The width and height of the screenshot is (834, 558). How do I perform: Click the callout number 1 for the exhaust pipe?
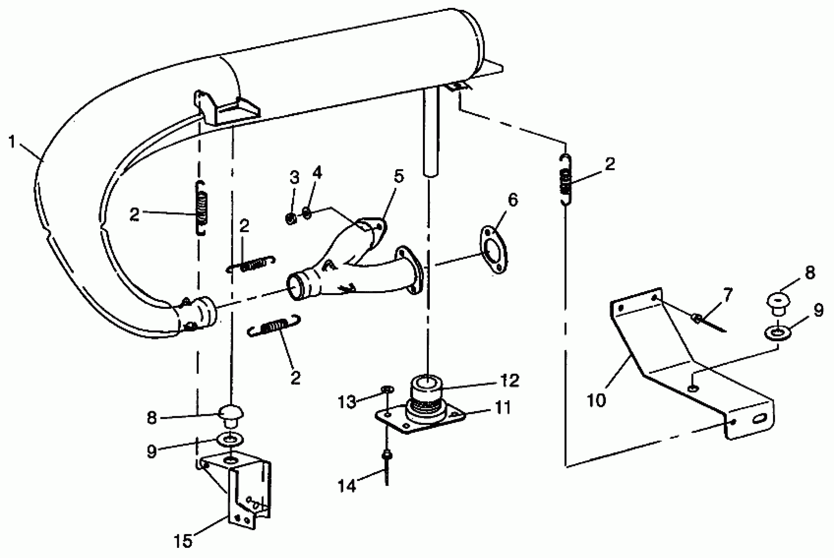(x=12, y=142)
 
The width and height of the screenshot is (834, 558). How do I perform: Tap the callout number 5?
(x=399, y=177)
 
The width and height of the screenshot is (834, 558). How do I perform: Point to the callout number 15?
(x=183, y=541)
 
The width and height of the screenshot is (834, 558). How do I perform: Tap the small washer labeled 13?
(x=386, y=389)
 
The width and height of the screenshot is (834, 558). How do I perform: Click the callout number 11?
(x=503, y=407)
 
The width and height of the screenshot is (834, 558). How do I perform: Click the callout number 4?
(x=317, y=173)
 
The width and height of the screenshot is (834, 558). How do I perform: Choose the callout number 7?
(x=728, y=295)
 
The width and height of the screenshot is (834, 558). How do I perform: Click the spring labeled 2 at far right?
(x=566, y=180)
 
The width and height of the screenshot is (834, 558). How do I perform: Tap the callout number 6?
(x=512, y=200)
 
